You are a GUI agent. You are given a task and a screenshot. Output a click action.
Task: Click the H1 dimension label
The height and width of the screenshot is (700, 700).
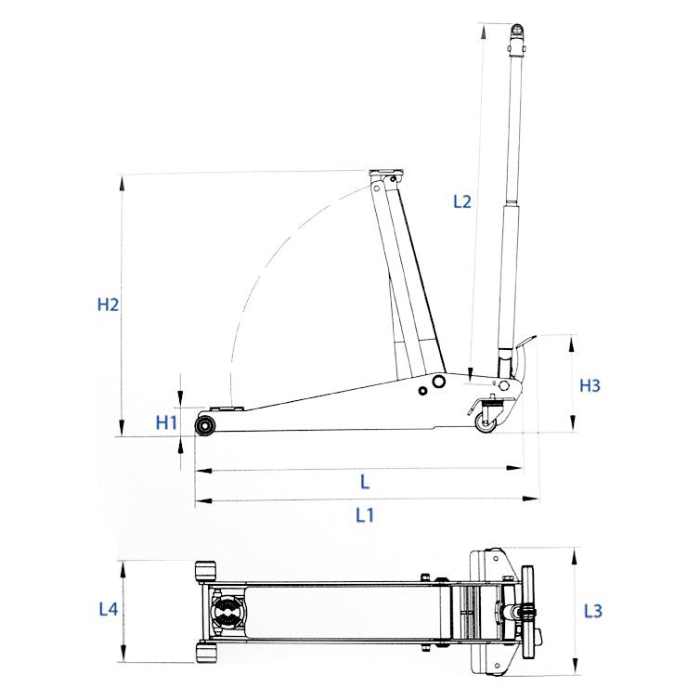pyautogui.click(x=166, y=422)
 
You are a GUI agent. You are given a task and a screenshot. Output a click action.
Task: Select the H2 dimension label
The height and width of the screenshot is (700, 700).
pyautogui.click(x=108, y=305)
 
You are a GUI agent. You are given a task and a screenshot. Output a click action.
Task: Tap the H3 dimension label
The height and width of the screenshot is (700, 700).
pyautogui.click(x=590, y=385)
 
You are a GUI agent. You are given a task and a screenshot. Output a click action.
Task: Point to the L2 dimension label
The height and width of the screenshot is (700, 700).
pyautogui.click(x=462, y=201)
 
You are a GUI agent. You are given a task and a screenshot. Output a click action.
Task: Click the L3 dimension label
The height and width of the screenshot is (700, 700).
pyautogui.click(x=593, y=611)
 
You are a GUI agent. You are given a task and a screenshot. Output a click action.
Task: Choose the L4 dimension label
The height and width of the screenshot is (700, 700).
pyautogui.click(x=109, y=609)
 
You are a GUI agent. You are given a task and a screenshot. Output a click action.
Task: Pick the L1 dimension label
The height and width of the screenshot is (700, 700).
pyautogui.click(x=364, y=515)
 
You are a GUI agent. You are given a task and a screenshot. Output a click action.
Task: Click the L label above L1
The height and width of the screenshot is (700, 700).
pyautogui.click(x=365, y=482)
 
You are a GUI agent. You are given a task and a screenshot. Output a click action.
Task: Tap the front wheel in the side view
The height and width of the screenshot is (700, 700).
pyautogui.click(x=206, y=425)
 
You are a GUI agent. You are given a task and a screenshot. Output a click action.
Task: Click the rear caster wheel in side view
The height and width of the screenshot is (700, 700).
pyautogui.click(x=486, y=422)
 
